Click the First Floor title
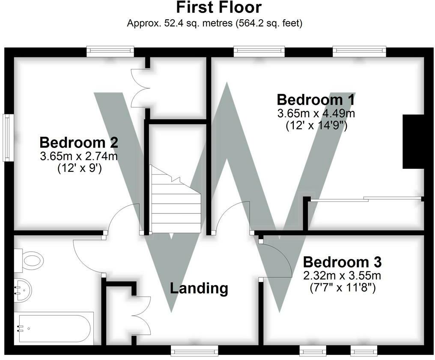218,8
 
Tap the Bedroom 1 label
316,99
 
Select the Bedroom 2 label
79,142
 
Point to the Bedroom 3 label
342,261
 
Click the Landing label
199,288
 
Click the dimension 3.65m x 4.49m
316,114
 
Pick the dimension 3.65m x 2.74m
79,156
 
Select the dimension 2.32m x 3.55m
342,275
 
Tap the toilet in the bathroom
30,260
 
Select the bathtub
53,328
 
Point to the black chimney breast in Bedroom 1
413,141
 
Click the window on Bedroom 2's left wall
7,137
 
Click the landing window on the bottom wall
194,351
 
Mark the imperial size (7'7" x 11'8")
342,288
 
